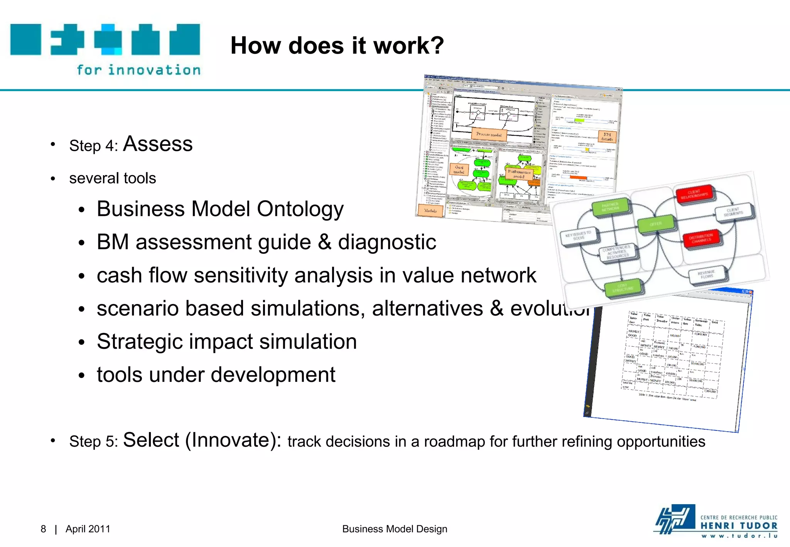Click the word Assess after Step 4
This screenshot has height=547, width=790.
(157, 144)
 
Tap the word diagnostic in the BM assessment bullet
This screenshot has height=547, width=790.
(387, 242)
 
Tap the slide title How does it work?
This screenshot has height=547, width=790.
(337, 46)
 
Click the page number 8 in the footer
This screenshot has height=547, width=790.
(43, 529)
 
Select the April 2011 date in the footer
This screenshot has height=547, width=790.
(88, 529)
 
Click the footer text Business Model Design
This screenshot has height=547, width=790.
(395, 529)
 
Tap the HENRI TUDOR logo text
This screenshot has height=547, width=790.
(738, 526)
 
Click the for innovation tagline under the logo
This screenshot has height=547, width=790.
(138, 70)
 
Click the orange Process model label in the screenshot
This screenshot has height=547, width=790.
(489, 135)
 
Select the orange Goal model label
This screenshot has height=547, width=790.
(459, 169)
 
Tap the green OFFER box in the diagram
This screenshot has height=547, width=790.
(657, 224)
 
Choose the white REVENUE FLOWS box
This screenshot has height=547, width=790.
(707, 274)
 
